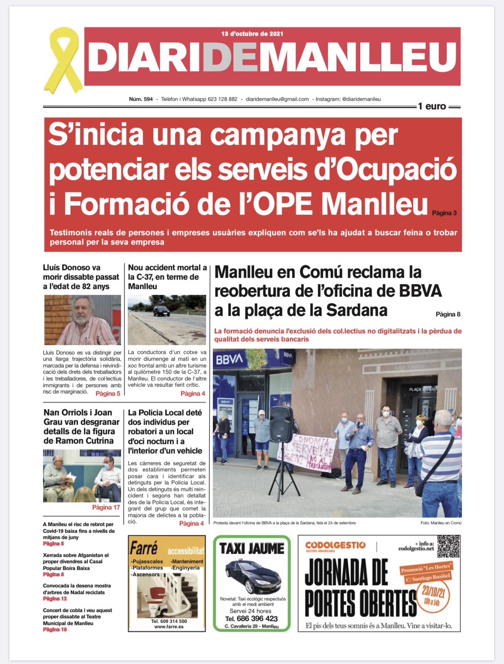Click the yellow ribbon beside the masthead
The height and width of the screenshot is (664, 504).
62,59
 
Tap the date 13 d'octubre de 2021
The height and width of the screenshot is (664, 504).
252,34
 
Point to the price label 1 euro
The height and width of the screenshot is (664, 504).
432,106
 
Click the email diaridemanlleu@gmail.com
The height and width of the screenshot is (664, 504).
277,99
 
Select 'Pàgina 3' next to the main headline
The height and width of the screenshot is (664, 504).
444,213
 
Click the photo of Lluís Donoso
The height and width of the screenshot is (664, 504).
82,319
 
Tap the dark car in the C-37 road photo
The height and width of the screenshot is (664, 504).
161,310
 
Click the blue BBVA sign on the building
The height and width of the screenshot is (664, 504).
229,359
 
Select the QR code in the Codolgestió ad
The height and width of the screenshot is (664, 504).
448,546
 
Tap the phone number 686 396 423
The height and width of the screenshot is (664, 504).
257,618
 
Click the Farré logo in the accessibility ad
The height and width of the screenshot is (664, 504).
144,548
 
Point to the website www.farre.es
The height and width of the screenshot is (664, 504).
168,627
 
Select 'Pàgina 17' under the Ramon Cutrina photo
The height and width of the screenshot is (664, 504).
106,507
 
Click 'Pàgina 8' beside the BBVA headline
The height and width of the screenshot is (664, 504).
448,314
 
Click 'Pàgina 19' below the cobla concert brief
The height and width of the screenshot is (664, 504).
55,630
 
